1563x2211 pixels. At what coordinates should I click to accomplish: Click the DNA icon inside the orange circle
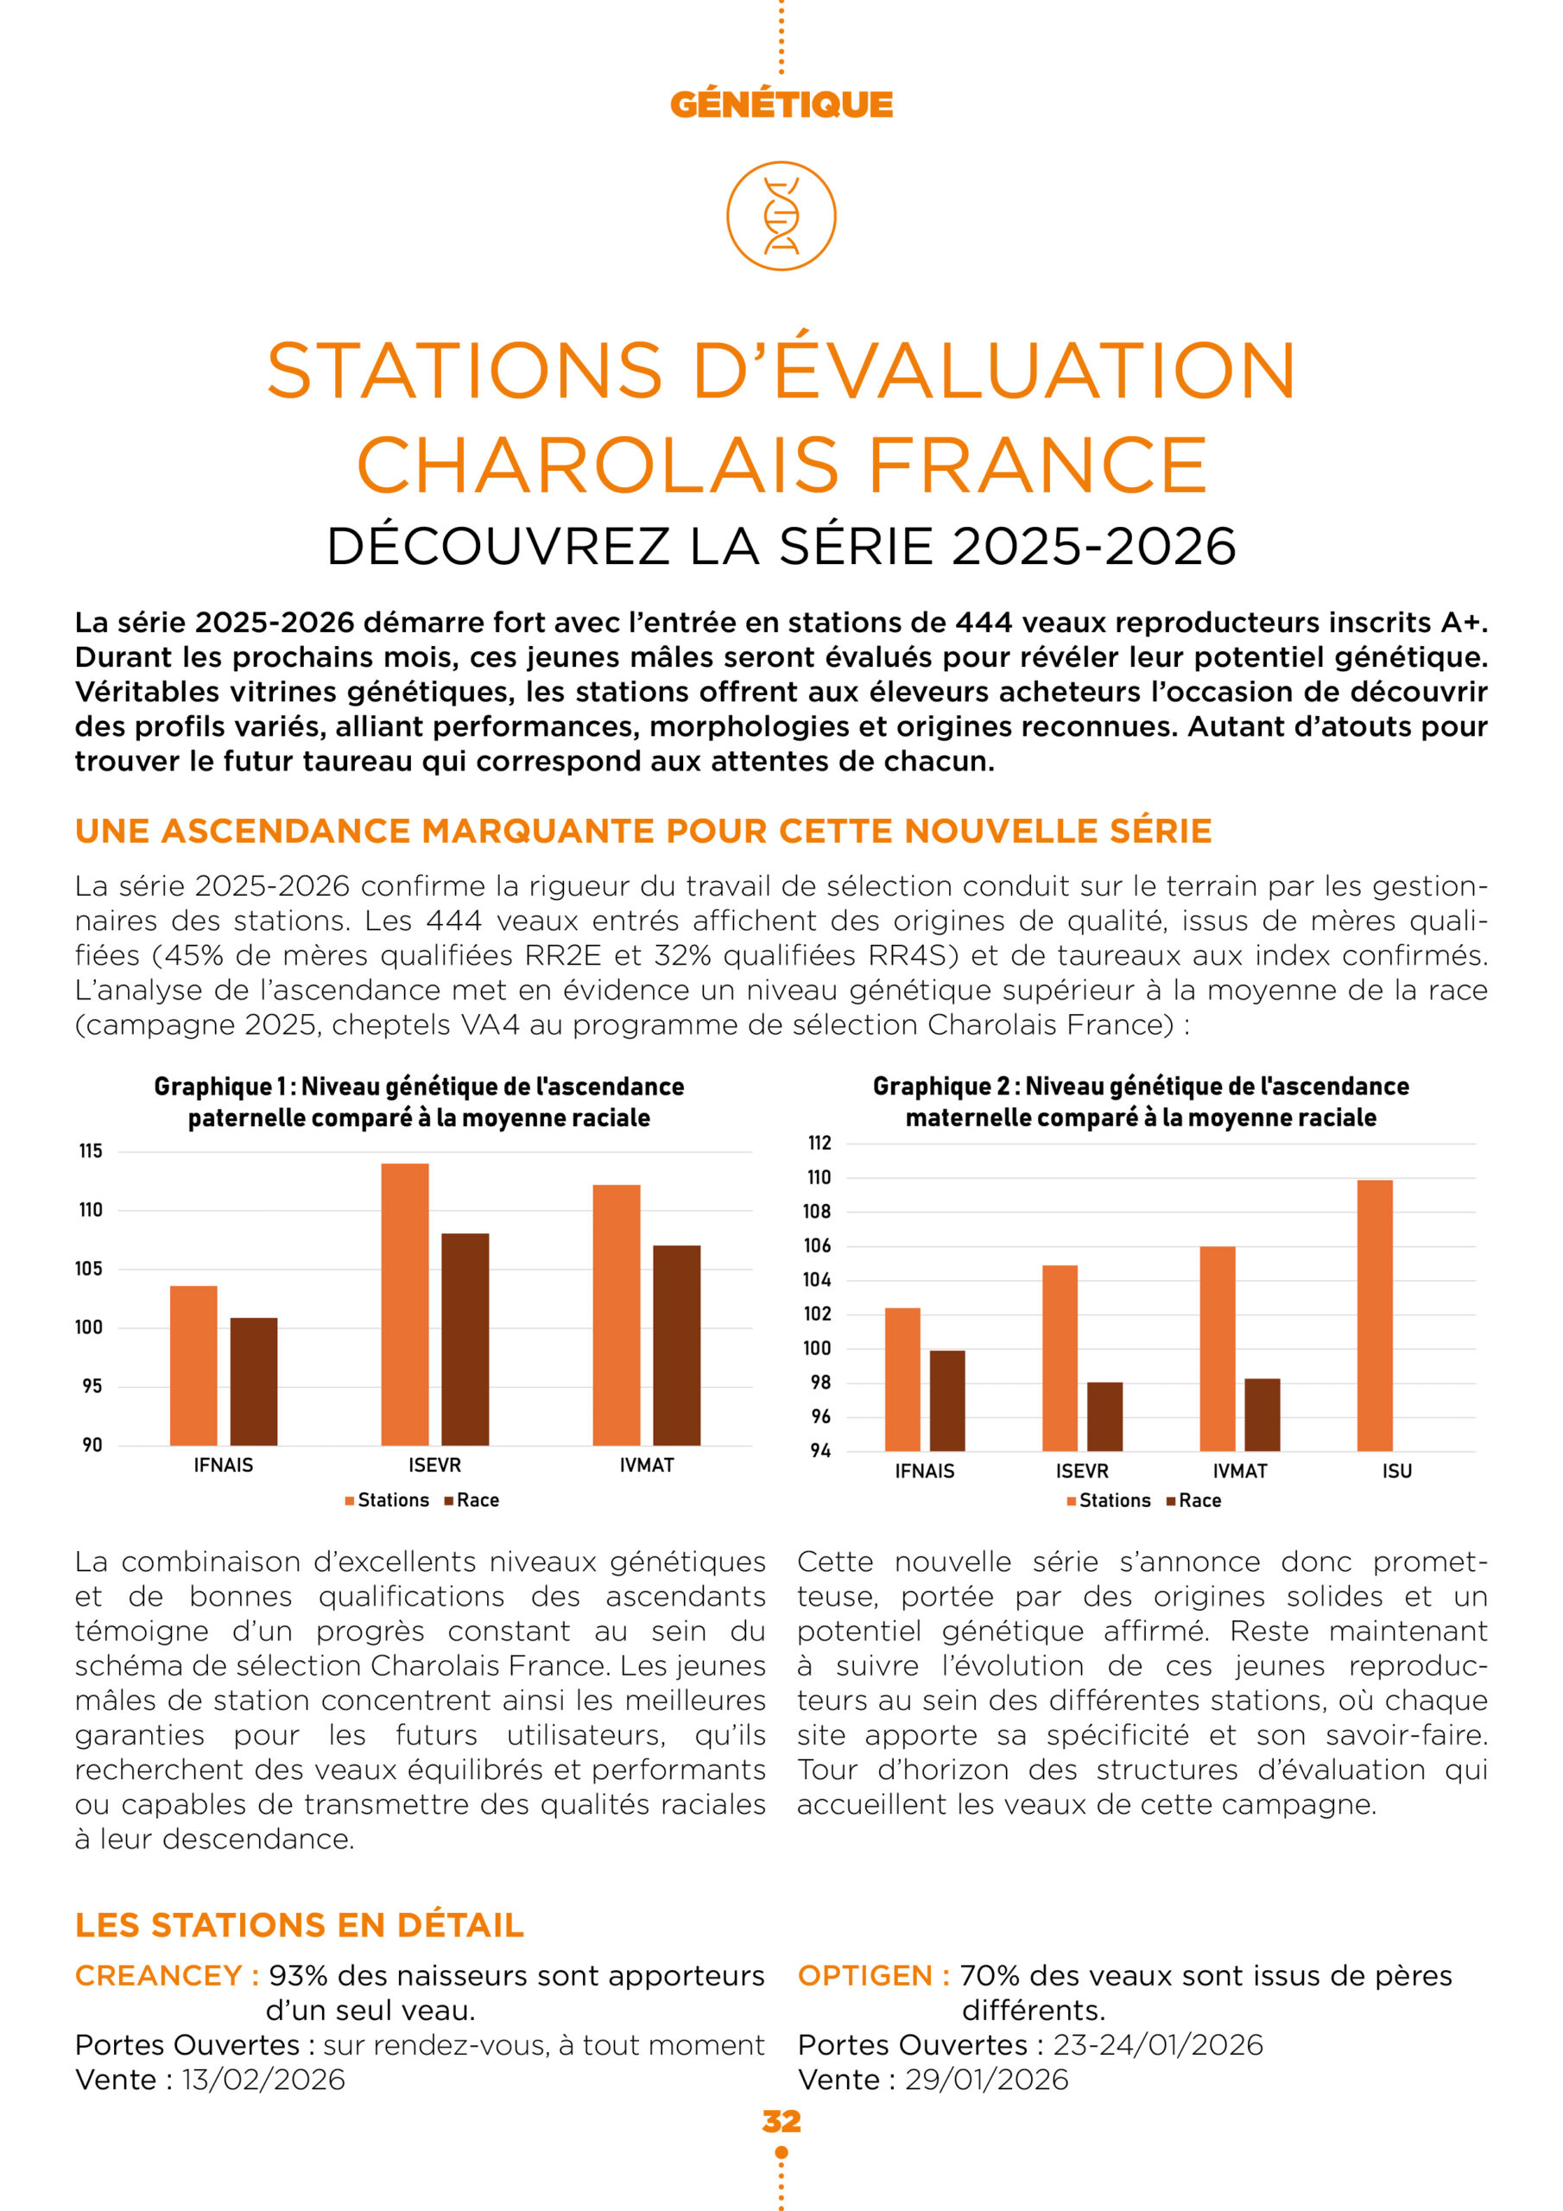tap(781, 216)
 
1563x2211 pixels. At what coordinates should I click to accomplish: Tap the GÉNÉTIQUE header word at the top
tap(781, 104)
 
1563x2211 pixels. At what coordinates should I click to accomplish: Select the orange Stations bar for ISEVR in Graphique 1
tap(404, 1304)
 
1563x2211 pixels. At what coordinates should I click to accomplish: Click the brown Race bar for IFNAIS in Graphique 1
tap(253, 1381)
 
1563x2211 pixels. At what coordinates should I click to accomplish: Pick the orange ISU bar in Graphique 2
tap(1374, 1315)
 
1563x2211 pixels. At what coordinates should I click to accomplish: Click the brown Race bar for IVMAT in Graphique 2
tap(1262, 1415)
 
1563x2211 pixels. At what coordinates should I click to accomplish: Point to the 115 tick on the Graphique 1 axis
tap(91, 1152)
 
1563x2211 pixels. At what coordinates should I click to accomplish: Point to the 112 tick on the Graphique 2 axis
tap(819, 1143)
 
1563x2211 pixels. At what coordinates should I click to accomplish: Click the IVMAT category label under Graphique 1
tap(646, 1466)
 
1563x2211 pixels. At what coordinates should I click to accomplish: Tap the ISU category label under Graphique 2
tap(1396, 1472)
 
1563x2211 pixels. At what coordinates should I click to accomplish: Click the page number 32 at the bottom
tap(781, 2121)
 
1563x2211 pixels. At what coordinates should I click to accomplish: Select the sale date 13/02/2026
tap(263, 2079)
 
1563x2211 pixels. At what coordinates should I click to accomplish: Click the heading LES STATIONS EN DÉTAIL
tap(300, 1925)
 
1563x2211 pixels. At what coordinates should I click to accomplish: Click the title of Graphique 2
tap(1140, 1102)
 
